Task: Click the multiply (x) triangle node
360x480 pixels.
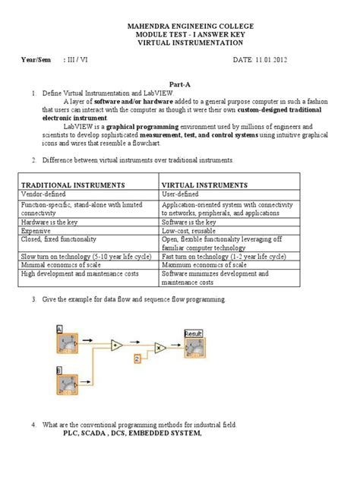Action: (x=161, y=346)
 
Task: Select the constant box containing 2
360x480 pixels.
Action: (x=137, y=356)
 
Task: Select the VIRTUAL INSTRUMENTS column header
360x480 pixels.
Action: (x=204, y=185)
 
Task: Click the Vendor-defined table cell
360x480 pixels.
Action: (x=43, y=195)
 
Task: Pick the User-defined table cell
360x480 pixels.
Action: (x=182, y=195)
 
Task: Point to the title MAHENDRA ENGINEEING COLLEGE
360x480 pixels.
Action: (x=180, y=26)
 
